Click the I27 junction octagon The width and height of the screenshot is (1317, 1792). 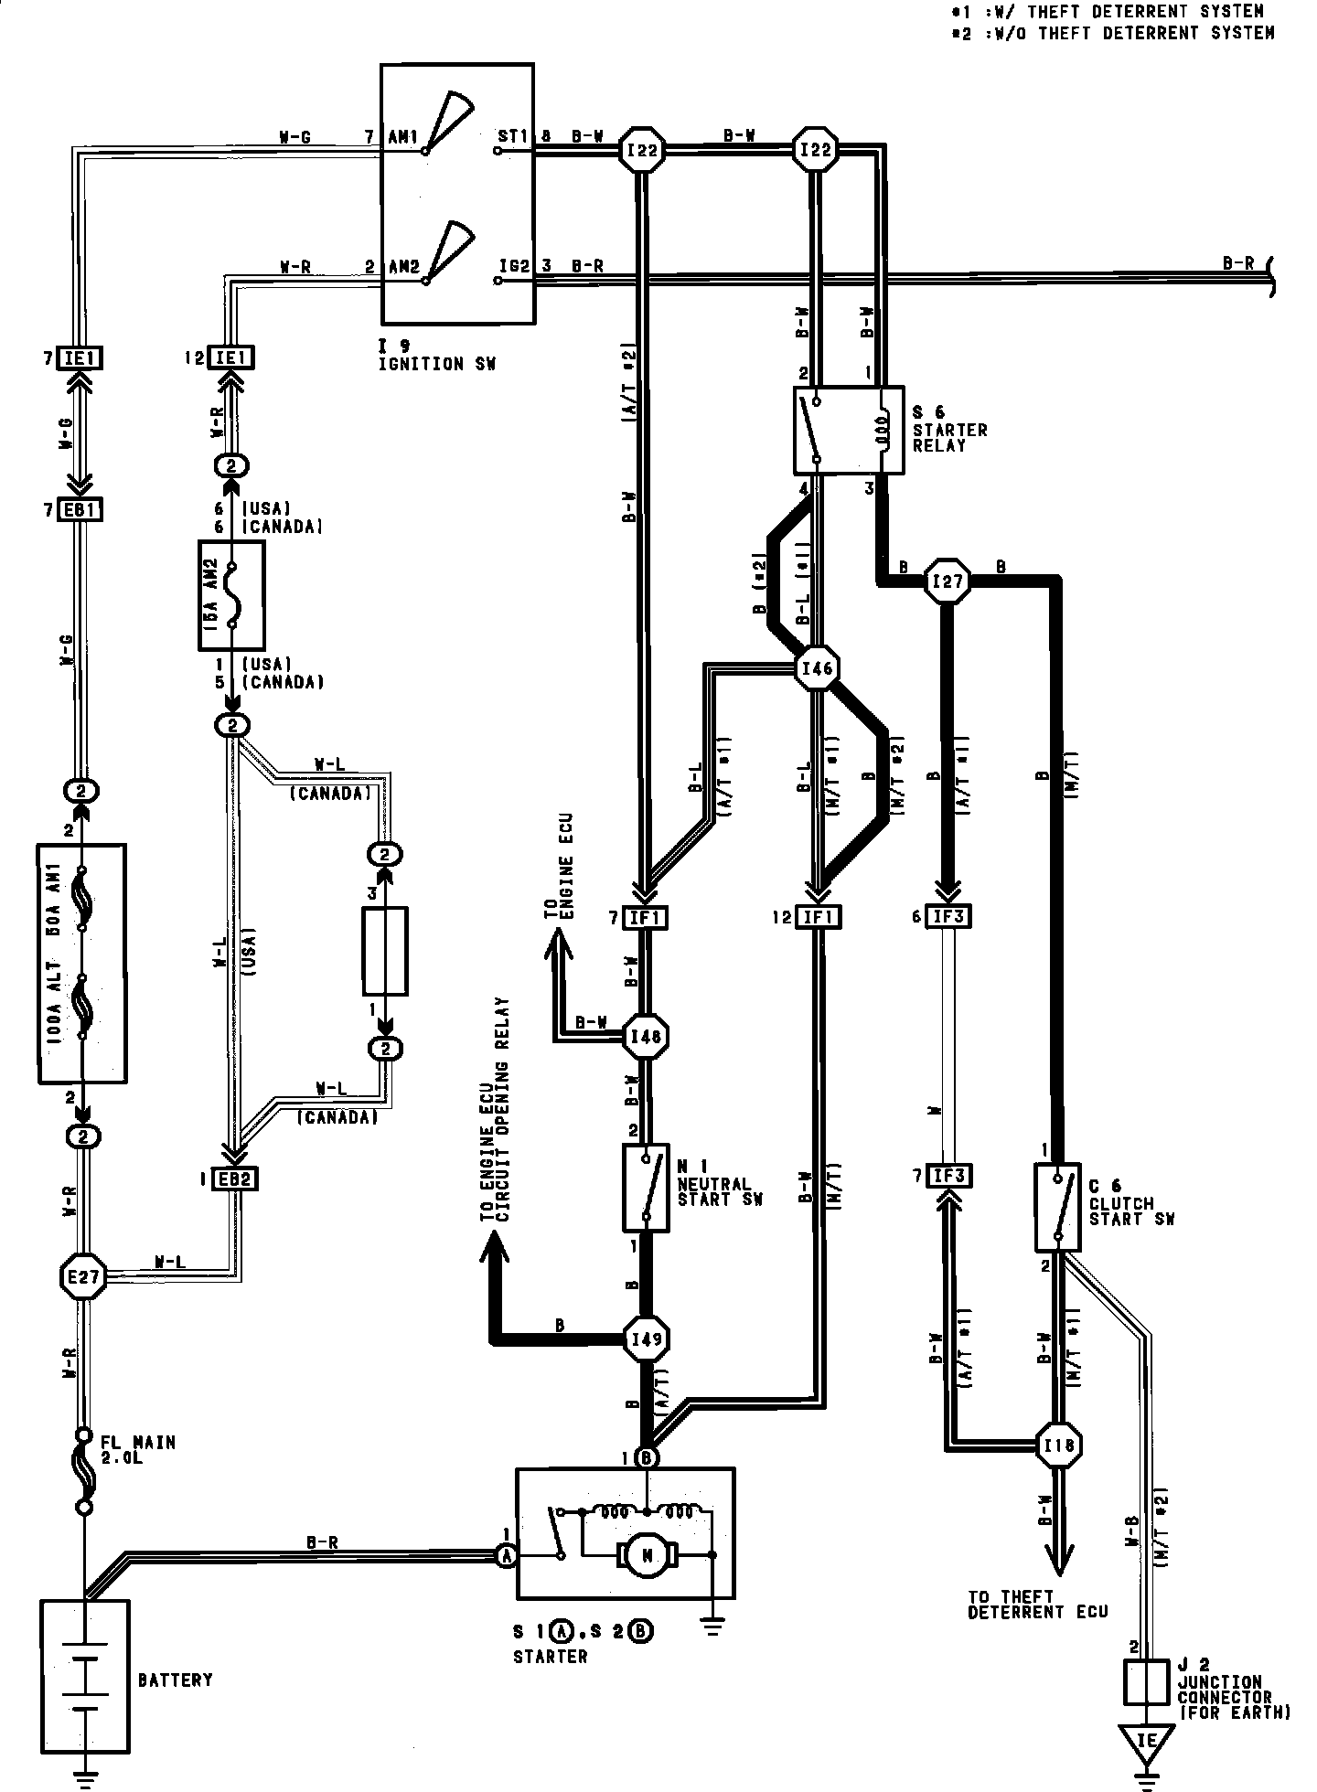point(947,581)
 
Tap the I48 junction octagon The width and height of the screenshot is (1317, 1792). point(647,1036)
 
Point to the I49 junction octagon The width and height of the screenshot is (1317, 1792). point(647,1340)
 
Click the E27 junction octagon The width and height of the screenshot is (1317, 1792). point(83,1275)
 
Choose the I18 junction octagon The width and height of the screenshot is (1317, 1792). point(1059,1445)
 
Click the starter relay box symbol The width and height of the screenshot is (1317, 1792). point(848,430)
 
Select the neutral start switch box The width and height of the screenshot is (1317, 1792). point(647,1188)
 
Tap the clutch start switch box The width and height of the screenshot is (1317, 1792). point(1057,1207)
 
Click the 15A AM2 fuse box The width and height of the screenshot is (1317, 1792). point(231,595)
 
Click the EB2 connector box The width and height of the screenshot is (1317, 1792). point(234,1179)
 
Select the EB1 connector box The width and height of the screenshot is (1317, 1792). point(80,509)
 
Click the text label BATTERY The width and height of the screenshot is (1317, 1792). point(176,1680)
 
